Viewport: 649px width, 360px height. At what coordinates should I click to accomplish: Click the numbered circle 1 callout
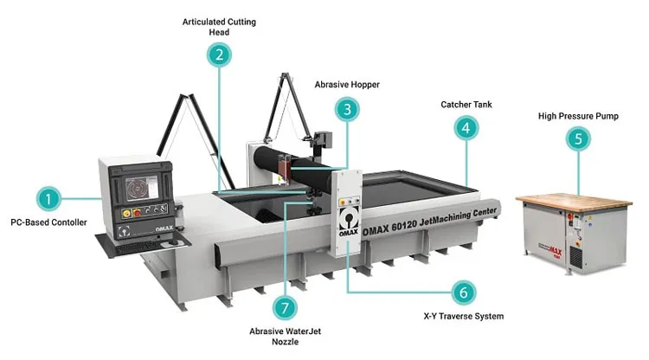(48, 199)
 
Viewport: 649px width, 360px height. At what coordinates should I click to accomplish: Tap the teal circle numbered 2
(219, 55)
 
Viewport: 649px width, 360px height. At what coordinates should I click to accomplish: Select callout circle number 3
(347, 109)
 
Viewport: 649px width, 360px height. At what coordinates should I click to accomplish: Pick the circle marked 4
(466, 128)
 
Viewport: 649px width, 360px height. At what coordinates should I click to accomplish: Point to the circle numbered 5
(578, 138)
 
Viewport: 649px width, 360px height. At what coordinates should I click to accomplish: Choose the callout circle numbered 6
(463, 292)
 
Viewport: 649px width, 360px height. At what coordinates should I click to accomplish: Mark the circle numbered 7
(285, 308)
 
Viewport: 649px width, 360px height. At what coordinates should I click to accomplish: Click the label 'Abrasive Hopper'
(347, 85)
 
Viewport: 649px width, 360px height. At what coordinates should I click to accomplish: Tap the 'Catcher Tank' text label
(466, 105)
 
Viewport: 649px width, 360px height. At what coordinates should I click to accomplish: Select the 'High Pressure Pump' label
(578, 116)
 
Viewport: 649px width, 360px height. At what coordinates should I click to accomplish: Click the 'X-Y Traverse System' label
(464, 316)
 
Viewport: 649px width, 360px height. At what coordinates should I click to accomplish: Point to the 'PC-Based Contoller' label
(48, 222)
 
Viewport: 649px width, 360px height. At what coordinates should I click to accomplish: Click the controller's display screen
(142, 189)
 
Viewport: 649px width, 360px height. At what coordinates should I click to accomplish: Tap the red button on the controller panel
(137, 213)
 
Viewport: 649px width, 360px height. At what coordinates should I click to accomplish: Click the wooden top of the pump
(574, 201)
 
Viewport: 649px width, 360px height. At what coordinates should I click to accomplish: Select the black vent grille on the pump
(575, 256)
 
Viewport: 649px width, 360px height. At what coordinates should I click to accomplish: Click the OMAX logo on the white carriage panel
(349, 222)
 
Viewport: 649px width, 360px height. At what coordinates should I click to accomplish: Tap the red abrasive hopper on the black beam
(285, 164)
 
